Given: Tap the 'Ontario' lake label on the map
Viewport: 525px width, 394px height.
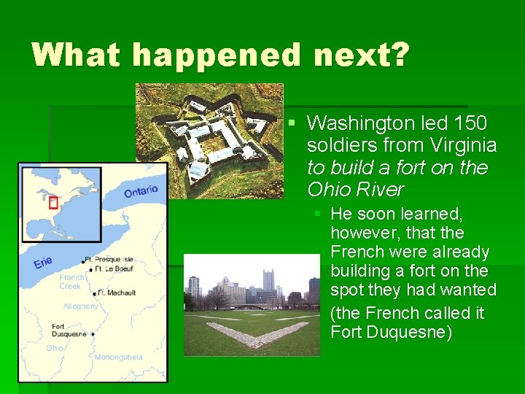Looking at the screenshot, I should [x=141, y=191].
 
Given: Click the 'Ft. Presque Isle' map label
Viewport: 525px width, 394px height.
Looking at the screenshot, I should [x=109, y=259].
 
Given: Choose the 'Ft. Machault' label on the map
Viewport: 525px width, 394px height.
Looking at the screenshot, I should [x=117, y=293].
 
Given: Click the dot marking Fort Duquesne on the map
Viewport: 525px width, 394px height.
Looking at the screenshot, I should [x=93, y=334].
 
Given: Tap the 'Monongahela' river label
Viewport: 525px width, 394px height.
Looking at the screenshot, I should [x=118, y=357].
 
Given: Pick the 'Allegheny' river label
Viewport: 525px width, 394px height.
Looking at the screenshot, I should [x=80, y=306].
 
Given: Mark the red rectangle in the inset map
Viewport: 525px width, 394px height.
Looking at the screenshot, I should [x=52, y=202].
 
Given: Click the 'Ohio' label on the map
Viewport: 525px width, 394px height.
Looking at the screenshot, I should [x=55, y=348].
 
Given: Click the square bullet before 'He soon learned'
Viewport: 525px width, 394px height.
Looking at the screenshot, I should [x=318, y=214].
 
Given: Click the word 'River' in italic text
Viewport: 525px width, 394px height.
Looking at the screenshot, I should [x=379, y=190].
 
